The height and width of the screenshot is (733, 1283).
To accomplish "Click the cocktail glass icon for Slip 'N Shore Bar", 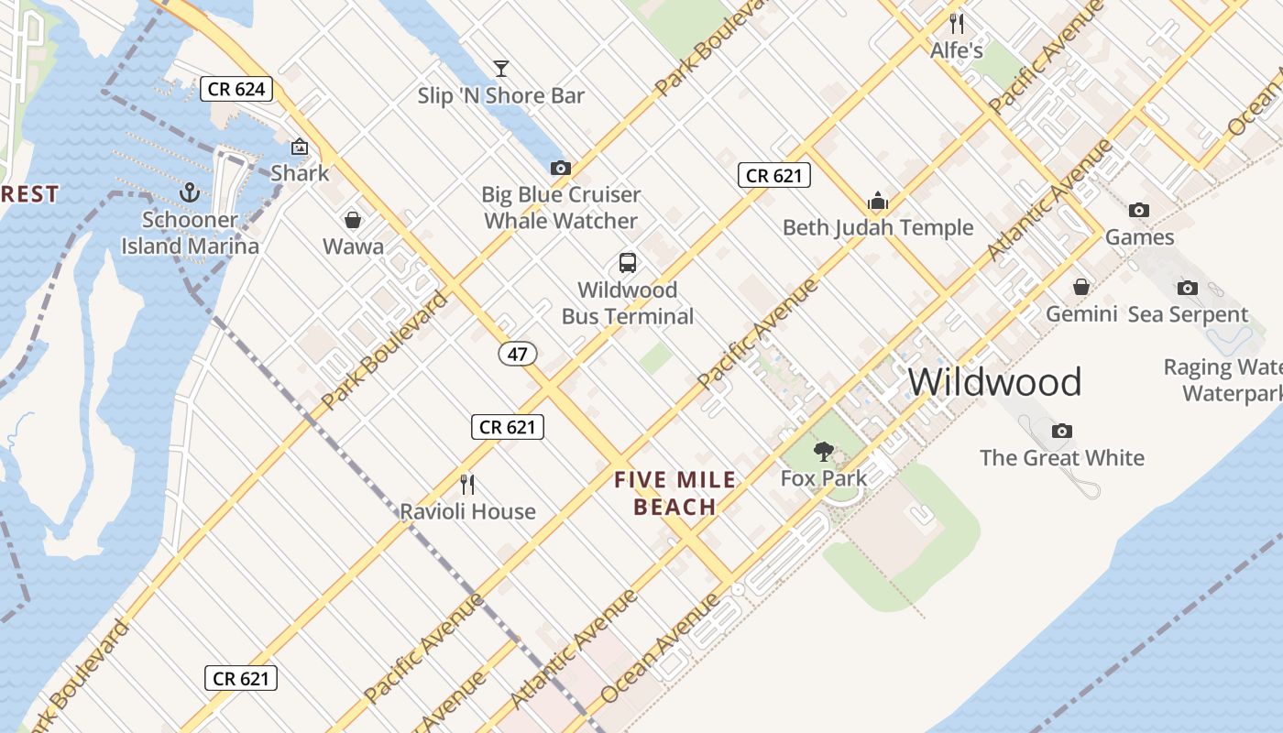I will click(500, 69).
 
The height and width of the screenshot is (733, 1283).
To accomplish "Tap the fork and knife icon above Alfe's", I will click(957, 24).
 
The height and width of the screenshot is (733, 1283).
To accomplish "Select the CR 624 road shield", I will click(237, 89).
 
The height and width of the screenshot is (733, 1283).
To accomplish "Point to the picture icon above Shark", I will click(299, 147).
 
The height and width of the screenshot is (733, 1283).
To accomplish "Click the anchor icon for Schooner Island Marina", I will click(190, 192).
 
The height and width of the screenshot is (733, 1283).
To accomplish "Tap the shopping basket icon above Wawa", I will click(353, 220).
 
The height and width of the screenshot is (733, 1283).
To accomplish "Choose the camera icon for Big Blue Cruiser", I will click(561, 168).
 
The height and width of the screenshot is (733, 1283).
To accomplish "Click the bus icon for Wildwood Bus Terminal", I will click(628, 263).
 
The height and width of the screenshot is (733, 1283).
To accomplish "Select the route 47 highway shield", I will click(518, 353).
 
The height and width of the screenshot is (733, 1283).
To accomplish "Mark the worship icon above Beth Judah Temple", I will click(878, 201).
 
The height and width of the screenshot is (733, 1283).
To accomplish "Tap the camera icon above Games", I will click(1139, 210).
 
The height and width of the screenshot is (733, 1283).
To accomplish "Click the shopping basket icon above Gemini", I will click(1081, 287).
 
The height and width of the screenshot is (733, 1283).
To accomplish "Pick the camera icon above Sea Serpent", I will click(1188, 288).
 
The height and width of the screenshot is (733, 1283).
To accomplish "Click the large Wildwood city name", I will click(995, 381).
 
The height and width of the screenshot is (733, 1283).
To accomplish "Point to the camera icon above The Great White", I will click(1062, 431).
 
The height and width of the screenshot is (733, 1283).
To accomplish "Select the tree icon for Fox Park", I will click(824, 451).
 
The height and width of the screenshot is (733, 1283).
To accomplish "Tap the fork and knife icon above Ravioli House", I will click(467, 484).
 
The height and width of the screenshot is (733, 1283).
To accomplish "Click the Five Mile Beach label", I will click(675, 493).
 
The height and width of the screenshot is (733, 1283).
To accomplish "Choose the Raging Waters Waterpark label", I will click(1224, 380).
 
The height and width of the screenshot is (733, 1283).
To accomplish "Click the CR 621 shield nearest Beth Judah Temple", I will click(774, 175).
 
